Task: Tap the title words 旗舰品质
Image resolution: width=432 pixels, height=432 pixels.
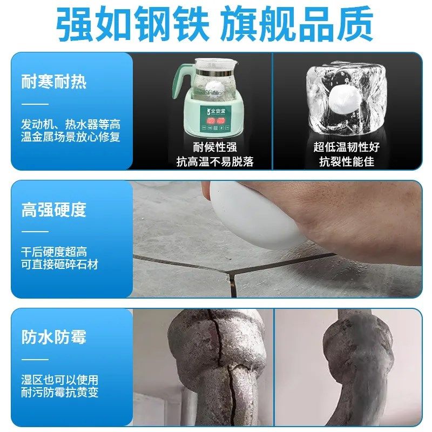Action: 299,24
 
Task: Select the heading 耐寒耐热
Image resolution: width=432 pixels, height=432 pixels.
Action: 53,82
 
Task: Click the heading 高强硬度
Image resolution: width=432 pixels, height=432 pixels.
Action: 53,210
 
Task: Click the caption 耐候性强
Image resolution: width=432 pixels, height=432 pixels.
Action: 214,147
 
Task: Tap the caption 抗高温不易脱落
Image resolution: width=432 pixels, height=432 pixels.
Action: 214,161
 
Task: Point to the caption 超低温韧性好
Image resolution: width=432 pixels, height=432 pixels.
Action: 346,147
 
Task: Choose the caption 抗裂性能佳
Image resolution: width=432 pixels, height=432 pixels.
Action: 346,161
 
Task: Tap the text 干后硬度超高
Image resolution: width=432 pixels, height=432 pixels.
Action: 53,252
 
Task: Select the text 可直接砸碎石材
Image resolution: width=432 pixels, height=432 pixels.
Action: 59,265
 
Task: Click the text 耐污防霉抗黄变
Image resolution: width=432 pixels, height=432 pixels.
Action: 59,393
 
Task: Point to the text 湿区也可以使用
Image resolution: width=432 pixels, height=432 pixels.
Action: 59,380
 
